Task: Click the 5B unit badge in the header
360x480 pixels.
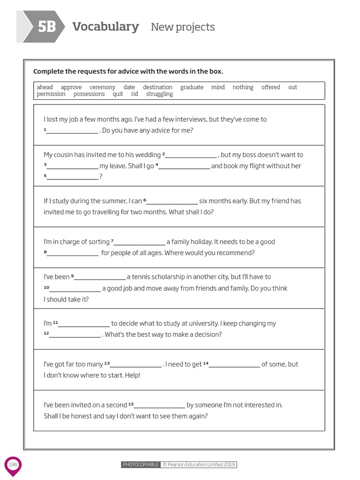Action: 46,27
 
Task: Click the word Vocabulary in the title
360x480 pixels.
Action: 105,27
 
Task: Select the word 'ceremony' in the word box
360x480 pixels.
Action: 102,87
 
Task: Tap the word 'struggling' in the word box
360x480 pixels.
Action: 159,94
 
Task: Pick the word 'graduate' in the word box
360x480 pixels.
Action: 192,87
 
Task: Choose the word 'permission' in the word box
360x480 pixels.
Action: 51,94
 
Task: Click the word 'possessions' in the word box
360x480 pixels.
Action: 89,94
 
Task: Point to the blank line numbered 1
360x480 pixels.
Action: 72,131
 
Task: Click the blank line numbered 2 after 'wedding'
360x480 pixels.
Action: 191,156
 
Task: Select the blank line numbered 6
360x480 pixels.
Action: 172,202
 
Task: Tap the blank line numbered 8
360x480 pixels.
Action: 73,254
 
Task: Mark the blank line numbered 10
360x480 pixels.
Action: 75,289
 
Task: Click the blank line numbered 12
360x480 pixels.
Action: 75,335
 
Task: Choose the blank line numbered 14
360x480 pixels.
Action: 234,365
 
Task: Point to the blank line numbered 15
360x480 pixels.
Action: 159,406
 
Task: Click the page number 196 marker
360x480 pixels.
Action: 13,465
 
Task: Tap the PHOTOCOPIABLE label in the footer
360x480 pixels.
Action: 141,465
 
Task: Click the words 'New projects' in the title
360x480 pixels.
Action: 183,27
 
